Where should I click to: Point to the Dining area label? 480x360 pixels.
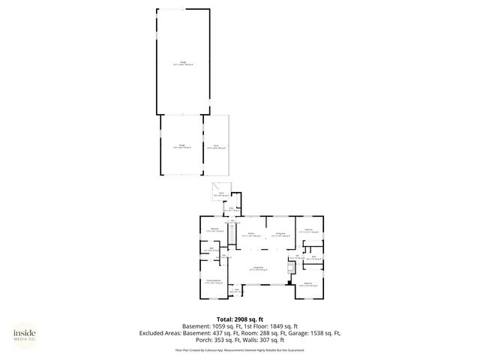pyautogui.click(x=280, y=234)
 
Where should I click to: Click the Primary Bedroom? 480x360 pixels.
pyautogui.click(x=214, y=281)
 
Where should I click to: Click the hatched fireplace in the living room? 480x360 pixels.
pyautogui.click(x=289, y=267)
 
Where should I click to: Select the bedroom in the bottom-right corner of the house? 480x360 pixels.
pyautogui.click(x=308, y=284)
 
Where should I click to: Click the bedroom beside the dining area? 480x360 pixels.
pyautogui.click(x=307, y=232)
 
